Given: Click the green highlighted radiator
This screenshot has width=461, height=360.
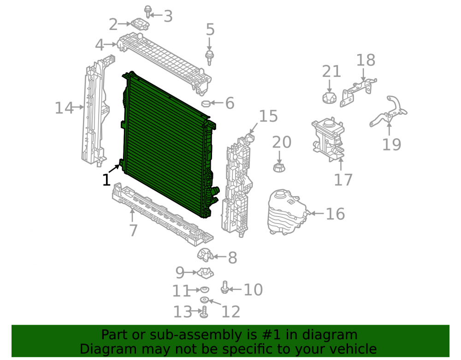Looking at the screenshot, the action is point(168,146).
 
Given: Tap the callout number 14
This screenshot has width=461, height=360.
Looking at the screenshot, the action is point(64,108).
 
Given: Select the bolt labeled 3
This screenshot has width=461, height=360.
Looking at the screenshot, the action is point(148,12).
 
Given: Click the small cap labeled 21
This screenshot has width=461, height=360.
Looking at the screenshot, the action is point(329,98).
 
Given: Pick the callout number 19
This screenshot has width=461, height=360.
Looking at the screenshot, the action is point(391,145).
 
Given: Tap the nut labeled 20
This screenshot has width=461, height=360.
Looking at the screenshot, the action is point(279,168).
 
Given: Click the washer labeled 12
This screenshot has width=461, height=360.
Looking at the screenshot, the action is point(204,300).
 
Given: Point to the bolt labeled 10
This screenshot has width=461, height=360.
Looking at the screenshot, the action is point(225,287).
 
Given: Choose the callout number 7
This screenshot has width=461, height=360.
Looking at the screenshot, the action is point(134,230).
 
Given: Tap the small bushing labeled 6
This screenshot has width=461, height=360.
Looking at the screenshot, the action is point(206,103).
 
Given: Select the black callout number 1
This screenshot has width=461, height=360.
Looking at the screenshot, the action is point(106,180).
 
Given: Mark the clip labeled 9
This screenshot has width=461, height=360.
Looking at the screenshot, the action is point(205,273).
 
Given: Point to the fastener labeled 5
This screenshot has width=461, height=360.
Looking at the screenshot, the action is point(209,58).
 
